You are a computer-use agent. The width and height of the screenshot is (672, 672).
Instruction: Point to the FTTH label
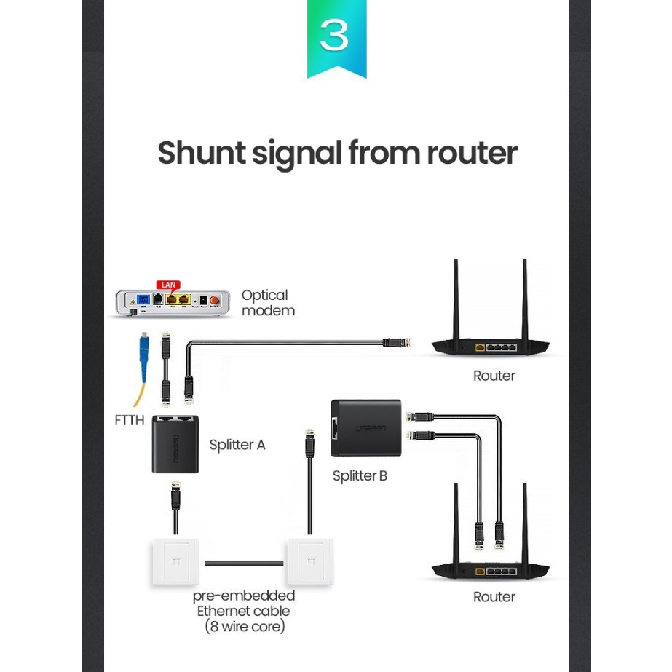[130, 420]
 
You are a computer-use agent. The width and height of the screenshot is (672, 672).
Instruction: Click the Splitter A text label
[237, 444]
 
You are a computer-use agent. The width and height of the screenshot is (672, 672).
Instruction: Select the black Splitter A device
[175, 446]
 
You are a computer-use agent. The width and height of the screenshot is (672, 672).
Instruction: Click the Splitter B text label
[360, 476]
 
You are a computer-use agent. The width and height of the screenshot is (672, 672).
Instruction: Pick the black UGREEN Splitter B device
[365, 428]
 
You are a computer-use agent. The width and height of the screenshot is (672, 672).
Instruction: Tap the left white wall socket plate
[175, 561]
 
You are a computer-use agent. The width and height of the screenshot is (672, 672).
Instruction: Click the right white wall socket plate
[311, 561]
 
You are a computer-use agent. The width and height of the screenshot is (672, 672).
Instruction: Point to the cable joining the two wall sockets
[243, 562]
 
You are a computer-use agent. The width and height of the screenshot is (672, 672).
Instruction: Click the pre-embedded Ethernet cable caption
[243, 610]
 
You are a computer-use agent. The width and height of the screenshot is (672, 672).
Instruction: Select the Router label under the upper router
[494, 376]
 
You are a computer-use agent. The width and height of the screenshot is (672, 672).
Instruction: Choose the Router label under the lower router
[494, 597]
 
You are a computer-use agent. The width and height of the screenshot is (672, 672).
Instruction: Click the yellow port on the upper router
[479, 348]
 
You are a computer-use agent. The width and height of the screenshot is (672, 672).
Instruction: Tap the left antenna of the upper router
[456, 299]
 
